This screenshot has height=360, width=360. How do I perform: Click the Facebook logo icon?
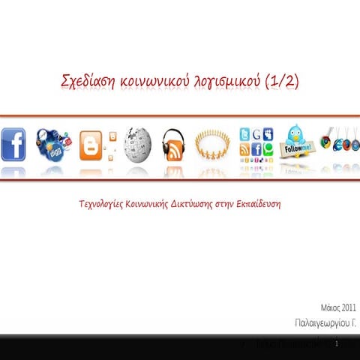click(13, 143)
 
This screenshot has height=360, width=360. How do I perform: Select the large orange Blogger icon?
click(90, 145)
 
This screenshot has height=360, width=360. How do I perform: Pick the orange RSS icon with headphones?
click(174, 144)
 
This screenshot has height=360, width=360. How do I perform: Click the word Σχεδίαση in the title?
click(89, 82)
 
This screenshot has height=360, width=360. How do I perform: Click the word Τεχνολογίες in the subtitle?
click(102, 204)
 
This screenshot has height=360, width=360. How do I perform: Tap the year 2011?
click(349, 308)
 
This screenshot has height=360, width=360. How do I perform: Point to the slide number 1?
click(339, 343)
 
